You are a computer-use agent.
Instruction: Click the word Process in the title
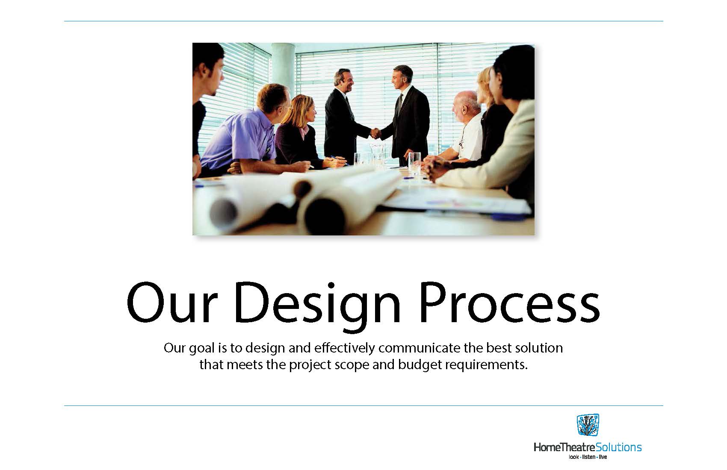pyautogui.click(x=510, y=304)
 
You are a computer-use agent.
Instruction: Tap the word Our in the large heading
pyautogui.click(x=171, y=303)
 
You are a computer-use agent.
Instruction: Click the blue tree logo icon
pyautogui.click(x=588, y=425)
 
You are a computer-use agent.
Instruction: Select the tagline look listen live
pyautogui.click(x=588, y=457)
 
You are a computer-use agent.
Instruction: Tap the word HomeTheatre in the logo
pyautogui.click(x=565, y=447)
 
